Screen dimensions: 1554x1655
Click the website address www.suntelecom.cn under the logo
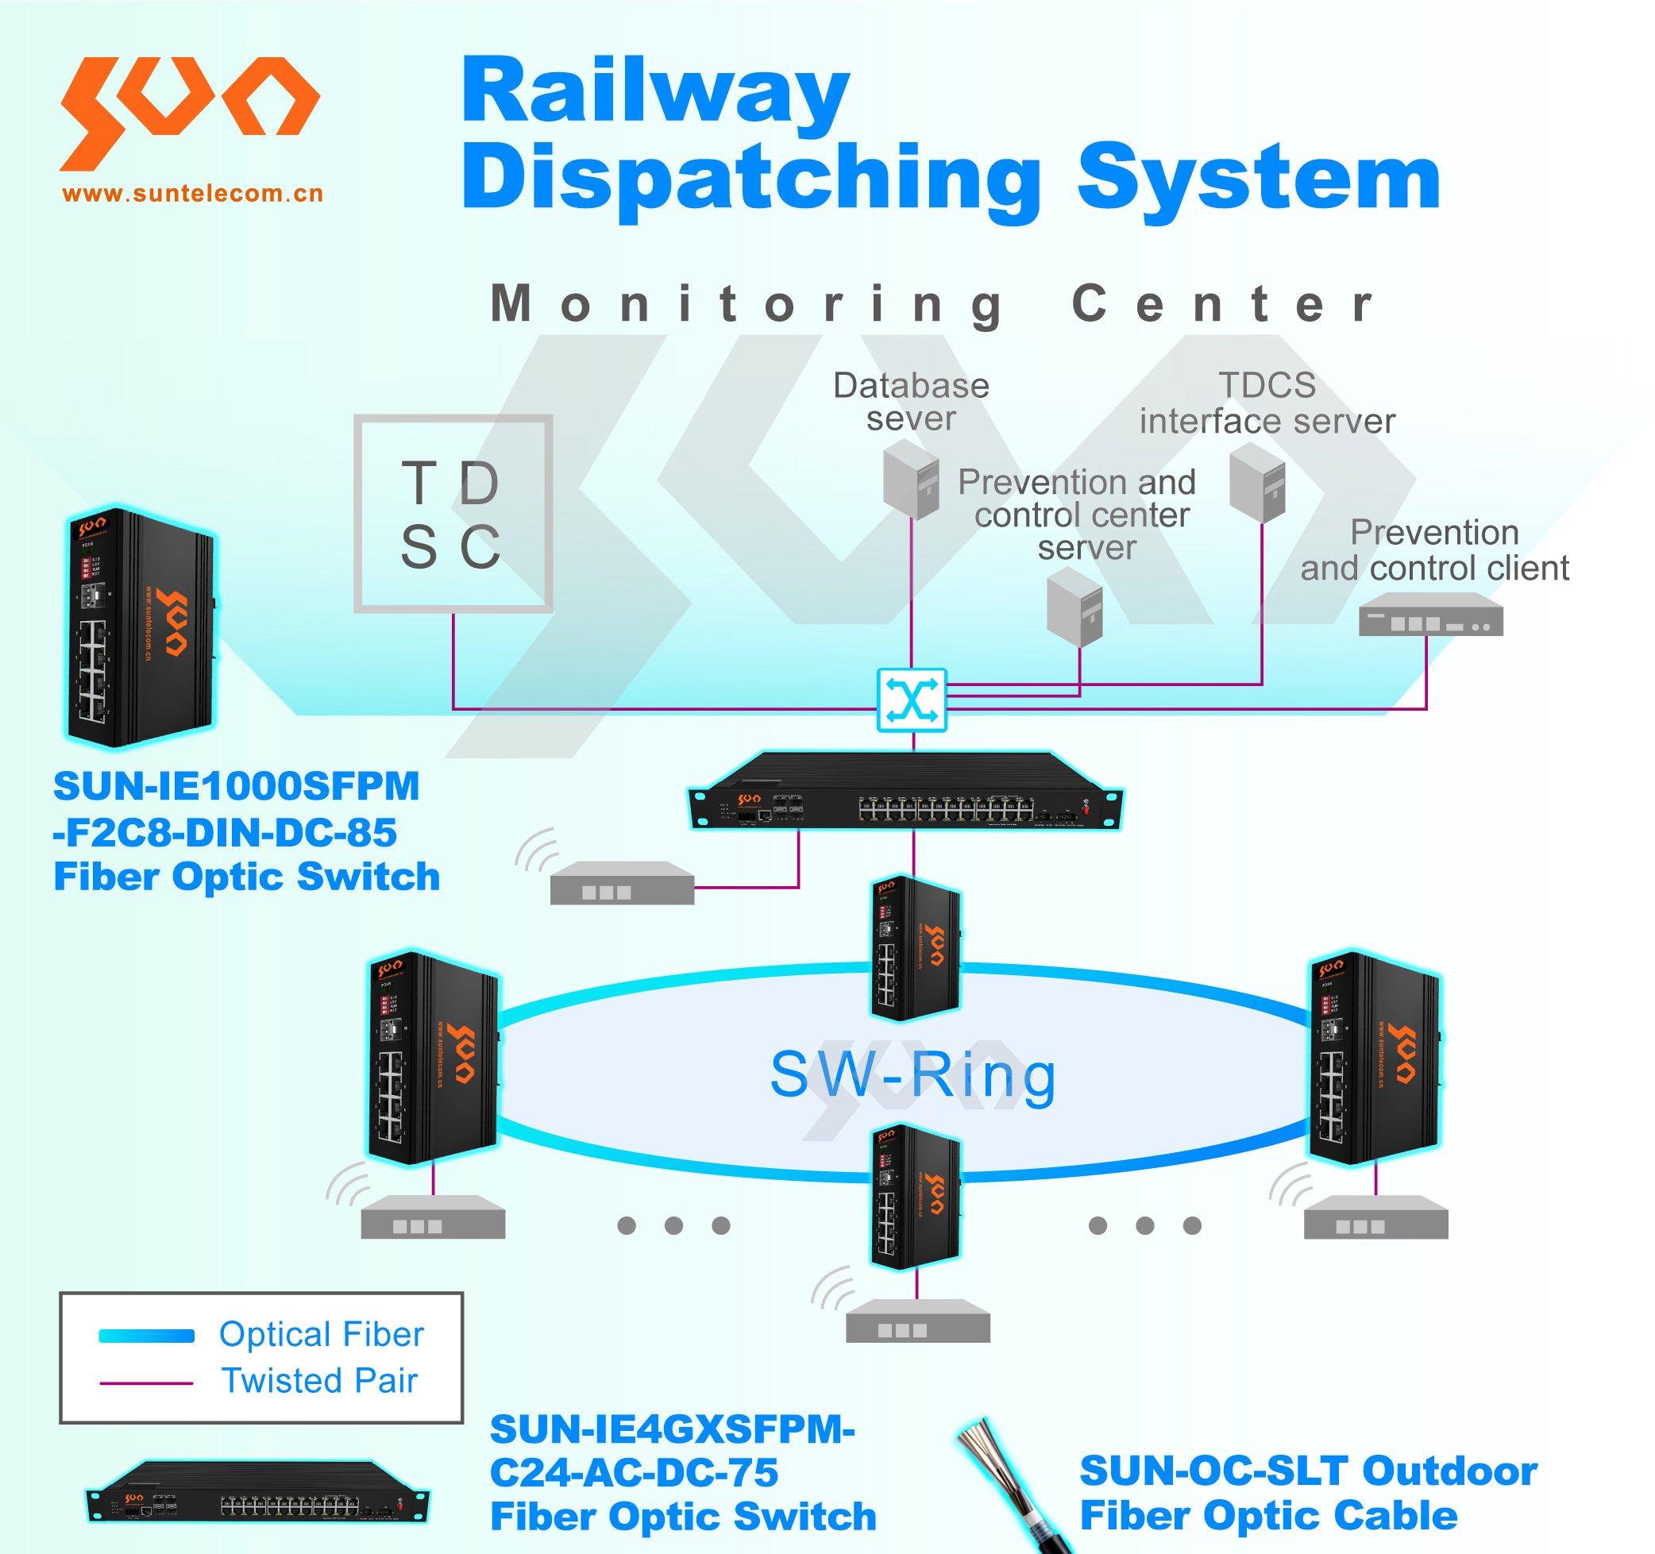pos(192,194)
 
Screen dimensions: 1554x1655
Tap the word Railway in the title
pos(655,91)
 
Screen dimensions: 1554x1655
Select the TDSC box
pos(453,514)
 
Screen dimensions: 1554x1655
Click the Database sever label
pos(911,401)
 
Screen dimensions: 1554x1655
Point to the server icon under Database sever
pos(911,480)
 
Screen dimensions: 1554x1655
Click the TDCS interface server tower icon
pos(1257,482)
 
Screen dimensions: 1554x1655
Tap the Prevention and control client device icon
pos(1430,615)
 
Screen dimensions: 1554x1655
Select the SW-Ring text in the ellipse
pos(912,1074)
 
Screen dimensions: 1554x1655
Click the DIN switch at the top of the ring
pos(915,948)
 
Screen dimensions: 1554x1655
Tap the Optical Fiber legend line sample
pos(146,1336)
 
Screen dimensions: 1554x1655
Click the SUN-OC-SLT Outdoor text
pos(1307,1471)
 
